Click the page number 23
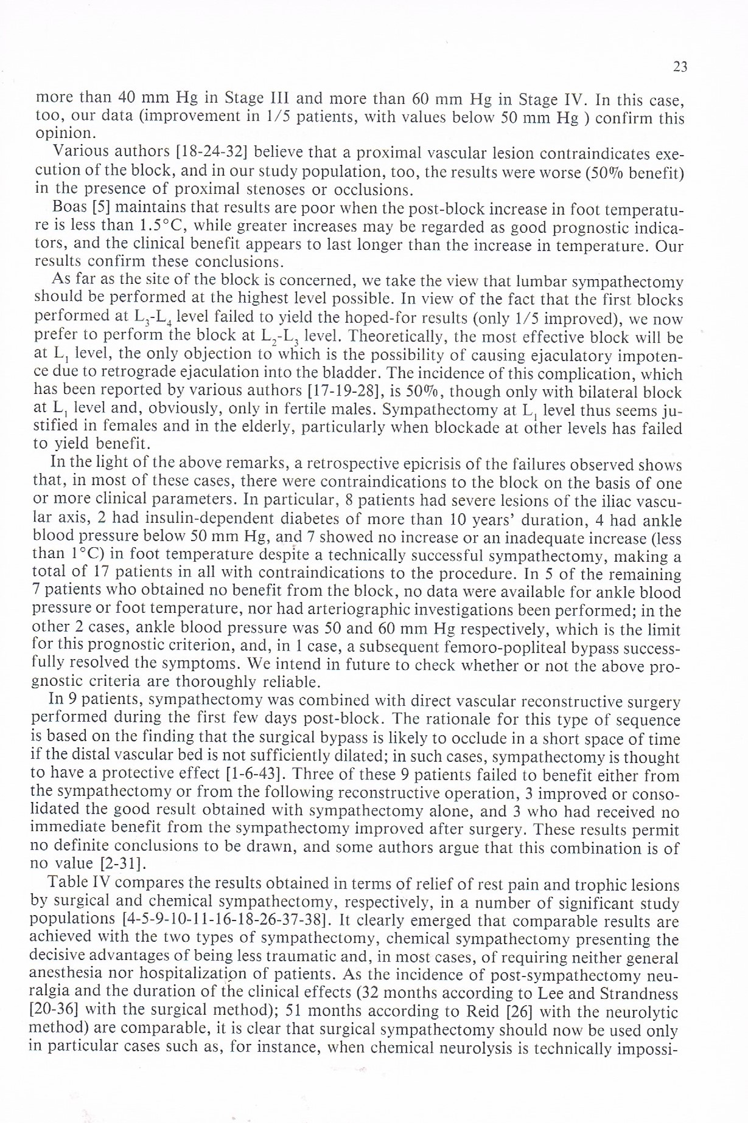(x=680, y=67)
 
